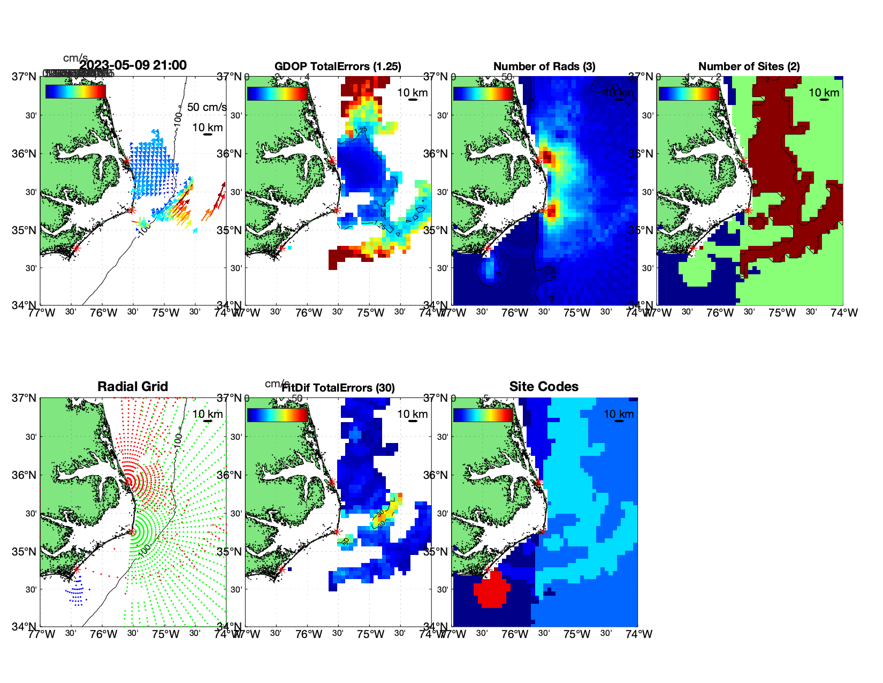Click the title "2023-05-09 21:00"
point(133,65)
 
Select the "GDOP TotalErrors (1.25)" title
point(338,66)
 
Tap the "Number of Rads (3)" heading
point(544,66)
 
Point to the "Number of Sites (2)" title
point(749,66)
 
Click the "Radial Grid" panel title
point(133,387)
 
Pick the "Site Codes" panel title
point(544,387)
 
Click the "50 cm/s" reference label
point(207,107)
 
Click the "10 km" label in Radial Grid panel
point(208,414)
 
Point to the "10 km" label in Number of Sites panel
point(824,93)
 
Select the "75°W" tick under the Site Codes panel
point(577,634)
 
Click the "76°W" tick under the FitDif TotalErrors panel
point(309,634)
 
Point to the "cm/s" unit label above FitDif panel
point(277,384)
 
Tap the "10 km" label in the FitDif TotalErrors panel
point(413,414)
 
